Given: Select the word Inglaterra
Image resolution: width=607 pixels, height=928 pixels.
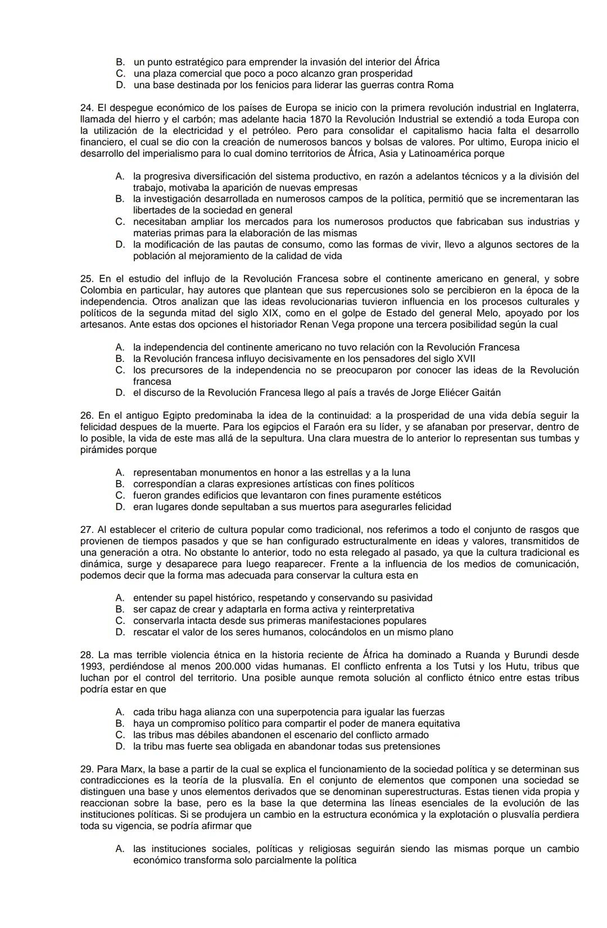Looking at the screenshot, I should point(554,107).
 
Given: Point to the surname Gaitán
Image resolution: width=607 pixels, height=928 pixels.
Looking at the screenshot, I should point(483,393).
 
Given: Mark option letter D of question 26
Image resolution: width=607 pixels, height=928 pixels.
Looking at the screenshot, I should point(120,507).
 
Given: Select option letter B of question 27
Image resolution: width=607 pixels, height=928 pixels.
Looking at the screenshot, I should point(120,609).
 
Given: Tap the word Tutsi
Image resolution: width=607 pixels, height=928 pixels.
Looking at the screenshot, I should point(465,667).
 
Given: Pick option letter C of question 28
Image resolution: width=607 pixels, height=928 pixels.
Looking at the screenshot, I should point(120,735).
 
